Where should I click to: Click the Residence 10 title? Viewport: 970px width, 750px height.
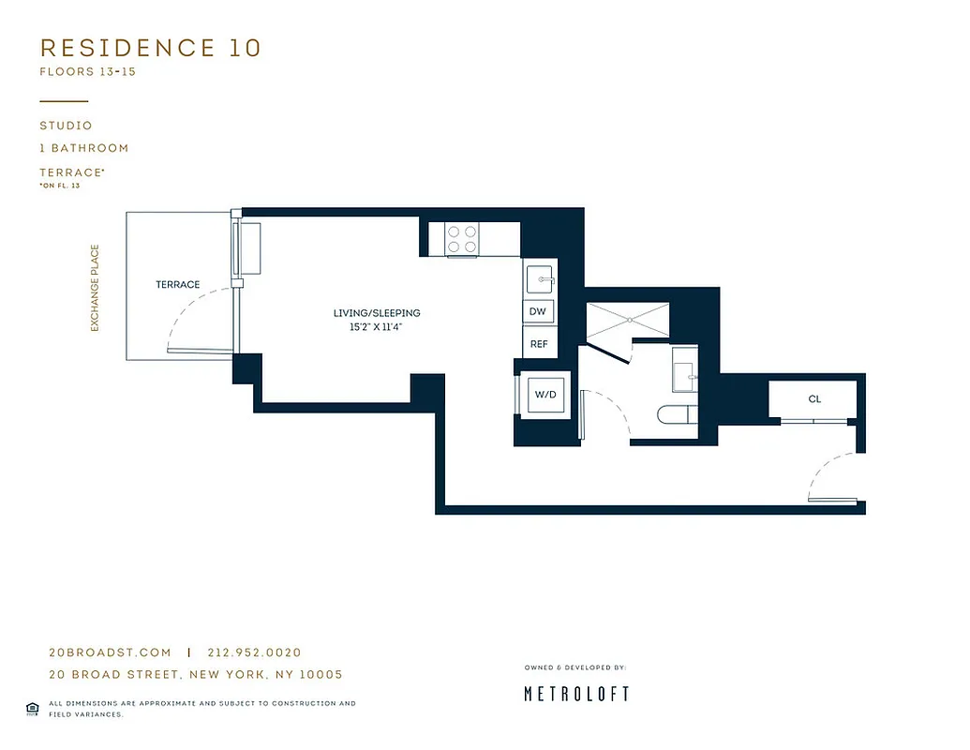tap(150, 48)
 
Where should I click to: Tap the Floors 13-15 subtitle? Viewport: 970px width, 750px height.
tap(87, 72)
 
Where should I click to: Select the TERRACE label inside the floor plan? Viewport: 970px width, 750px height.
tap(178, 284)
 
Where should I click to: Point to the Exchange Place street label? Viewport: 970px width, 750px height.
tap(95, 288)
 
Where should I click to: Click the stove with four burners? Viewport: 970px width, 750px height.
tap(460, 239)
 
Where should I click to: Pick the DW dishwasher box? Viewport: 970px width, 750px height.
tap(538, 311)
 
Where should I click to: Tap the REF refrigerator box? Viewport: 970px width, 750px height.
tap(539, 344)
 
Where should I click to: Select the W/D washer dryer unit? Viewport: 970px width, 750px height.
tap(545, 395)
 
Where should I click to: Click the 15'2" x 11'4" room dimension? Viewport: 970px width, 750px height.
tap(377, 327)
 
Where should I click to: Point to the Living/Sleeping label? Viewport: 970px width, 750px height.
tap(377, 313)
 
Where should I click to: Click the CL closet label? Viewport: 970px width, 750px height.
tap(814, 399)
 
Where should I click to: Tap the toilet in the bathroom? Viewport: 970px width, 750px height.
tap(674, 414)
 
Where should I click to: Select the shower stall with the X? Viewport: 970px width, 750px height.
tap(627, 320)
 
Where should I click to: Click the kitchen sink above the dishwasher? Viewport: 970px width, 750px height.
tap(540, 279)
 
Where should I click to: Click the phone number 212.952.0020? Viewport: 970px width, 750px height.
tap(253, 652)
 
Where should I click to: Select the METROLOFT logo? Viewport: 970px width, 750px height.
tap(575, 694)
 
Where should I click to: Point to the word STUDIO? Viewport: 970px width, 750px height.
tap(66, 126)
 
